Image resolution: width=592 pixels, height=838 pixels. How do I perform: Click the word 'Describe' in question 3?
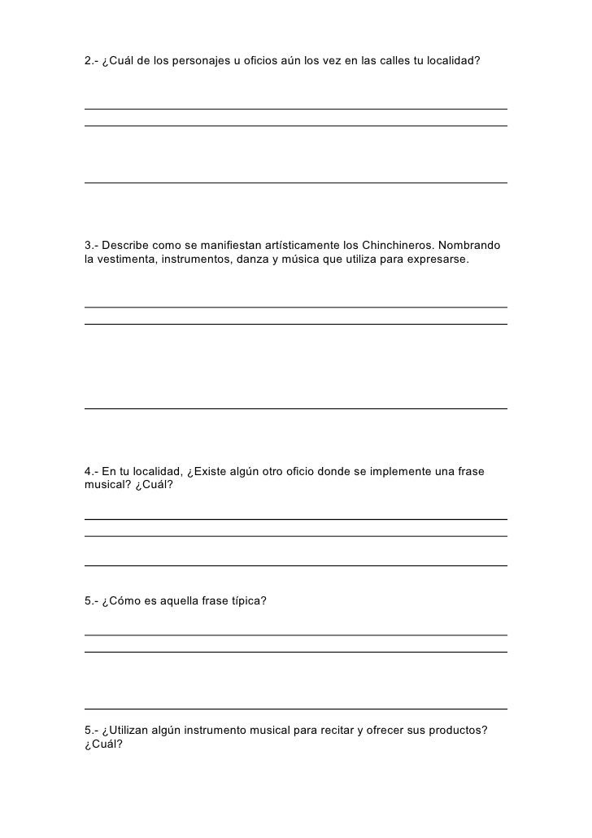(125, 245)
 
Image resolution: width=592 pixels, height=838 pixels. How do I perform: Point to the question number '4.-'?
(92, 472)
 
